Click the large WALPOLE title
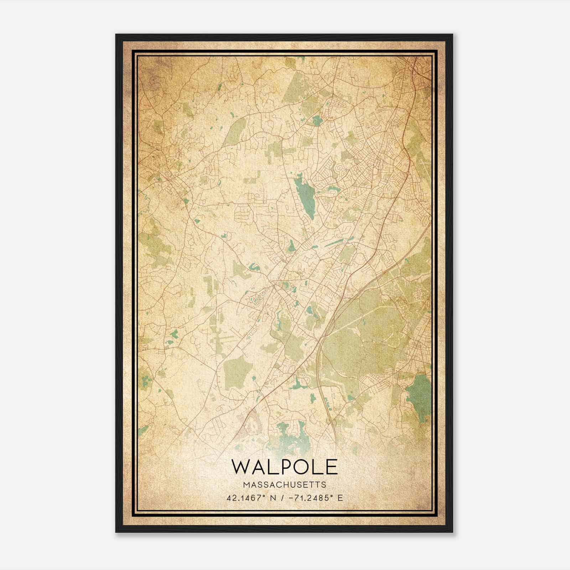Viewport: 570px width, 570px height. click(284, 467)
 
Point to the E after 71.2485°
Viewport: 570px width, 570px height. click(340, 498)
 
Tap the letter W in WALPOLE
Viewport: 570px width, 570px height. click(241, 467)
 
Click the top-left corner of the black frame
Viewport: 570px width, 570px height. click(116, 35)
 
